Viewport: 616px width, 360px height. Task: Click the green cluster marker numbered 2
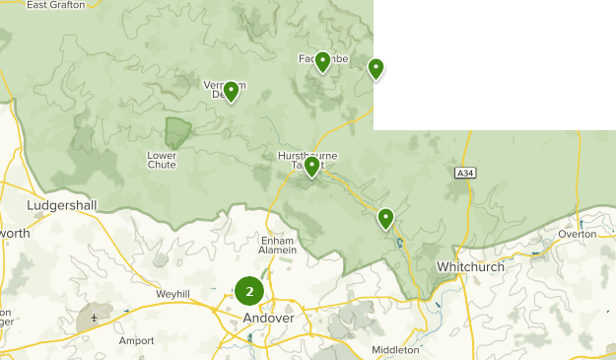pyautogui.click(x=249, y=291)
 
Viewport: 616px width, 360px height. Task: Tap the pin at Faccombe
pyautogui.click(x=322, y=62)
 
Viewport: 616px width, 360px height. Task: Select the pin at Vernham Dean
pyautogui.click(x=231, y=92)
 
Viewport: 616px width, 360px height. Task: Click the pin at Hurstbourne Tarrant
pyautogui.click(x=311, y=167)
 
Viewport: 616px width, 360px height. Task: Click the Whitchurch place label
pyautogui.click(x=471, y=267)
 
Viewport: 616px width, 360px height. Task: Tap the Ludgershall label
pyautogui.click(x=63, y=205)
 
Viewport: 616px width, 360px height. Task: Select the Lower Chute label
pyautogui.click(x=162, y=159)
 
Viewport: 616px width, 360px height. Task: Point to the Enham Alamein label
pyautogui.click(x=278, y=245)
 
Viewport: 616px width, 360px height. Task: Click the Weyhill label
pyautogui.click(x=171, y=294)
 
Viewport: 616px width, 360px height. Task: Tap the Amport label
pyautogui.click(x=136, y=341)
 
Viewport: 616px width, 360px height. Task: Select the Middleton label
pyautogui.click(x=395, y=350)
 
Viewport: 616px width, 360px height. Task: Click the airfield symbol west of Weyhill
pyautogui.click(x=94, y=319)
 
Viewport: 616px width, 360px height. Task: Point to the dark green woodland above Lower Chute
pyautogui.click(x=178, y=133)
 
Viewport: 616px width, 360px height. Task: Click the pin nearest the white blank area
pyautogui.click(x=376, y=68)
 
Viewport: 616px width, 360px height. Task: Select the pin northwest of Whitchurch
pyautogui.click(x=385, y=218)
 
